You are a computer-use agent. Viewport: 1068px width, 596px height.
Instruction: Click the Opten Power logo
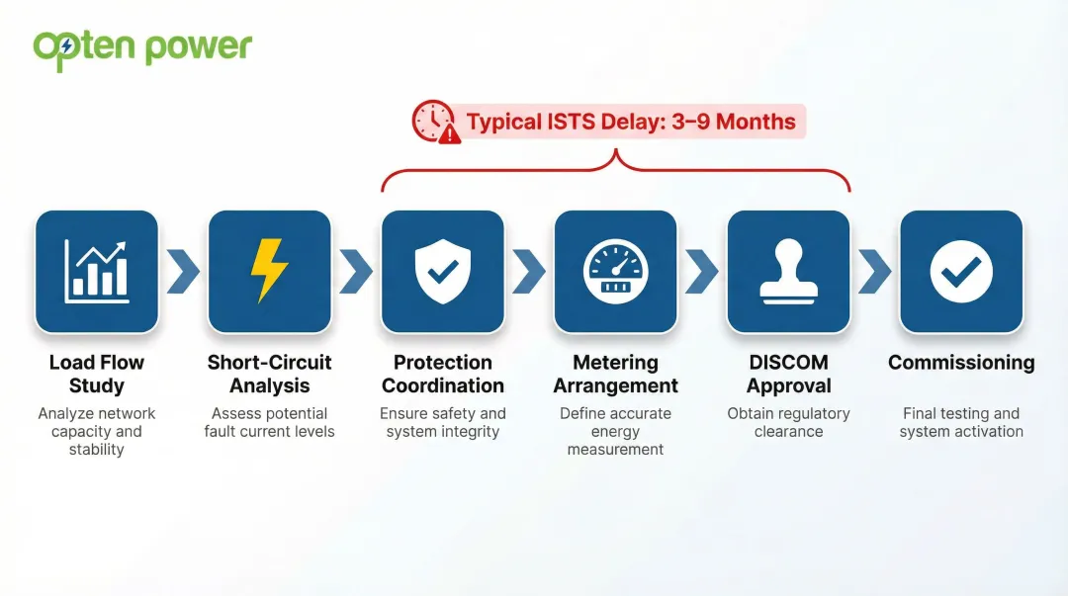pos(142,48)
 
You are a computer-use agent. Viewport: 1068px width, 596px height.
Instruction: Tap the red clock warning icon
pos(435,122)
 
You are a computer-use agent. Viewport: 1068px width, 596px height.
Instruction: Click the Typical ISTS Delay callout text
pos(630,122)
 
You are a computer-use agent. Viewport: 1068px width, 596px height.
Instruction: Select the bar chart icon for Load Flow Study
pos(97,271)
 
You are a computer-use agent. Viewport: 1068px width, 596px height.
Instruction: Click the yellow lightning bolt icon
pos(269,271)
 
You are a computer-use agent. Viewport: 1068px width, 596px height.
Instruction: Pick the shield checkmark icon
pos(442,271)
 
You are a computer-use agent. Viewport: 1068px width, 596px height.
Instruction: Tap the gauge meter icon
pos(615,271)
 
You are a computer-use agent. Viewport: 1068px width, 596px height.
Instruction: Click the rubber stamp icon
pos(788,271)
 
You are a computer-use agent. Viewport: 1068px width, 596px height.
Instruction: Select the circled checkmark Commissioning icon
pos(961,271)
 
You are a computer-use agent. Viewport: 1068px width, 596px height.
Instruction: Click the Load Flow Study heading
pos(97,374)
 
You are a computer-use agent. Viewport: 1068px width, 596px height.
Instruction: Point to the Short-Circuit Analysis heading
pos(269,374)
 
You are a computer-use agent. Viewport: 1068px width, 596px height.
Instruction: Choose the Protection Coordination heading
pos(442,374)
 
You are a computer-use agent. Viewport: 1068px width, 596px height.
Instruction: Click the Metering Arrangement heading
pos(615,374)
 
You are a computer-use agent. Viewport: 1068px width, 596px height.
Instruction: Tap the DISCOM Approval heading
pos(788,374)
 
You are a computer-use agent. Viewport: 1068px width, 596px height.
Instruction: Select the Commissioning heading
pos(961,363)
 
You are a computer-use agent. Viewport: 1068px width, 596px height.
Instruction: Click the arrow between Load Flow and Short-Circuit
pos(183,272)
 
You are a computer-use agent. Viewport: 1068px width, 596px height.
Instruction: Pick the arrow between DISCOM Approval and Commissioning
pos(874,272)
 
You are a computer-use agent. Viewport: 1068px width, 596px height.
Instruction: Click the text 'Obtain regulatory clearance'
pos(788,422)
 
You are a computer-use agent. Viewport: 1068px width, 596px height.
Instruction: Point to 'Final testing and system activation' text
pos(961,422)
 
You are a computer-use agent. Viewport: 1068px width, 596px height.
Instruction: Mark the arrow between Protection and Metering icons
pos(529,272)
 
